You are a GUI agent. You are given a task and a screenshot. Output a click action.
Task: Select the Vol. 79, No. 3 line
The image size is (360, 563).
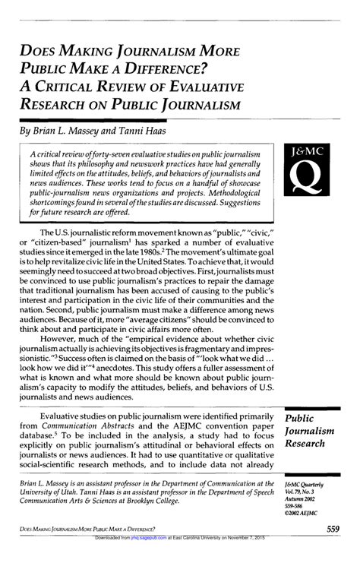[298, 492]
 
